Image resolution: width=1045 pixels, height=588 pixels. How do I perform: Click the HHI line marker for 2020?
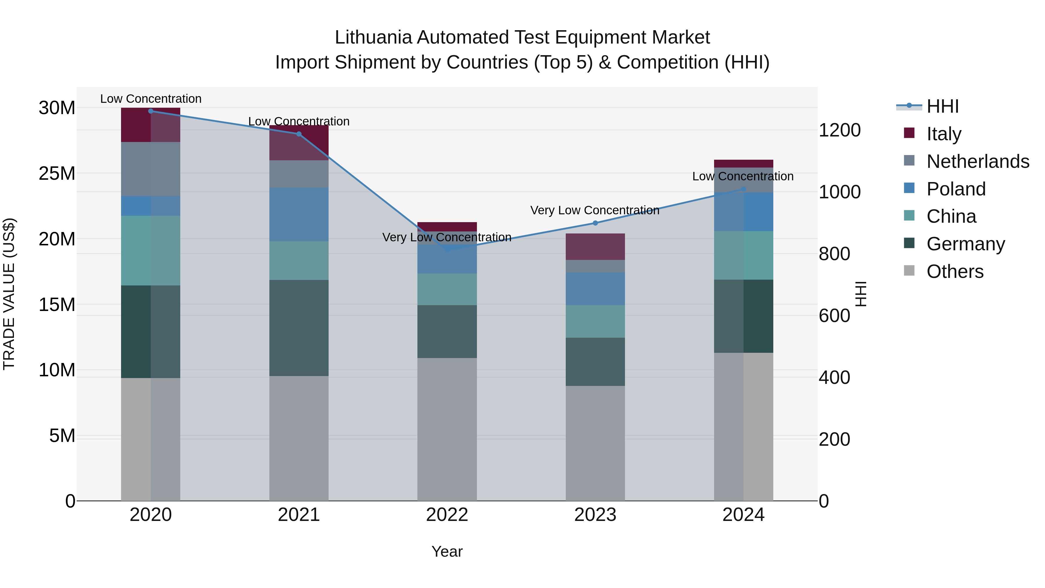coord(151,111)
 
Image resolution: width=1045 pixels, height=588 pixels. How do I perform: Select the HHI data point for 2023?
coord(595,223)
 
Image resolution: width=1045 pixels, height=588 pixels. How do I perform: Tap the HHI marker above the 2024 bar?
coord(743,189)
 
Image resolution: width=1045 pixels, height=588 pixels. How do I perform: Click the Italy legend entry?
coord(944,134)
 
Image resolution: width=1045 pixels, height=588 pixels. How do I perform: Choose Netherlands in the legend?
coord(978,161)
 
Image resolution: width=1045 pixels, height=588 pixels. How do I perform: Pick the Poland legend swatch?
coord(909,188)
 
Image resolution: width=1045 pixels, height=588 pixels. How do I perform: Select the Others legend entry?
coord(955,271)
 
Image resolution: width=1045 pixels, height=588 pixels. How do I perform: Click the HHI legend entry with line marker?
coord(942,106)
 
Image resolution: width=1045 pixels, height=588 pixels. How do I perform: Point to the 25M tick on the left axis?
coord(57,174)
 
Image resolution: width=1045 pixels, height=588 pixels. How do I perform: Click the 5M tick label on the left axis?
coord(62,436)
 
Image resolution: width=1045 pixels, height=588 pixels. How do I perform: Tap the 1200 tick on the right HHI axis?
coord(839,130)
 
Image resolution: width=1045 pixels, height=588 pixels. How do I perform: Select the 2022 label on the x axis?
coord(447,515)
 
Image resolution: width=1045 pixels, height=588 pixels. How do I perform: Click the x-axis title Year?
coord(447,551)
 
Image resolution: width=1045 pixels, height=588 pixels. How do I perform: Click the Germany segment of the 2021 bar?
coord(299,328)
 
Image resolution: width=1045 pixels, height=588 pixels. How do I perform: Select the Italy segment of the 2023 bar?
coord(595,247)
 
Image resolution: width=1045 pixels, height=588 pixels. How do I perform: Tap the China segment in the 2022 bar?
coord(447,289)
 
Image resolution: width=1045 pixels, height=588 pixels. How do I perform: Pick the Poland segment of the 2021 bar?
coord(299,215)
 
